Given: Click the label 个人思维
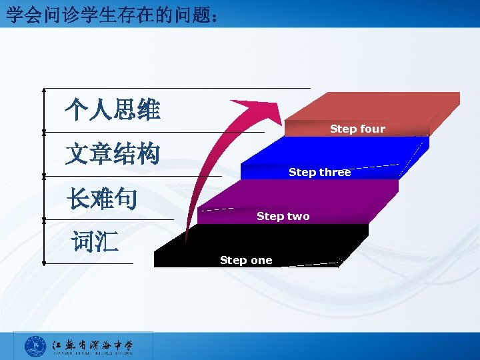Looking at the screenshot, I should [x=112, y=110].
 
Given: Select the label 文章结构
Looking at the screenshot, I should [x=112, y=154].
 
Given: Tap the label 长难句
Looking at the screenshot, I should [x=101, y=198].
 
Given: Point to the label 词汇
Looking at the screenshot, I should [x=95, y=242].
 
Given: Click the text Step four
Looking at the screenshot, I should [x=357, y=129].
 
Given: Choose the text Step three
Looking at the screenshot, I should [x=319, y=172].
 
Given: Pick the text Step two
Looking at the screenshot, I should [x=283, y=216].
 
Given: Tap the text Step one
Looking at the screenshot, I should [x=246, y=260].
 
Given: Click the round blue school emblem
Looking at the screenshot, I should [x=35, y=347].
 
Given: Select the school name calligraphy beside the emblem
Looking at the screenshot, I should [x=93, y=346].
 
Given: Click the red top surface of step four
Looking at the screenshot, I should [x=380, y=107].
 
